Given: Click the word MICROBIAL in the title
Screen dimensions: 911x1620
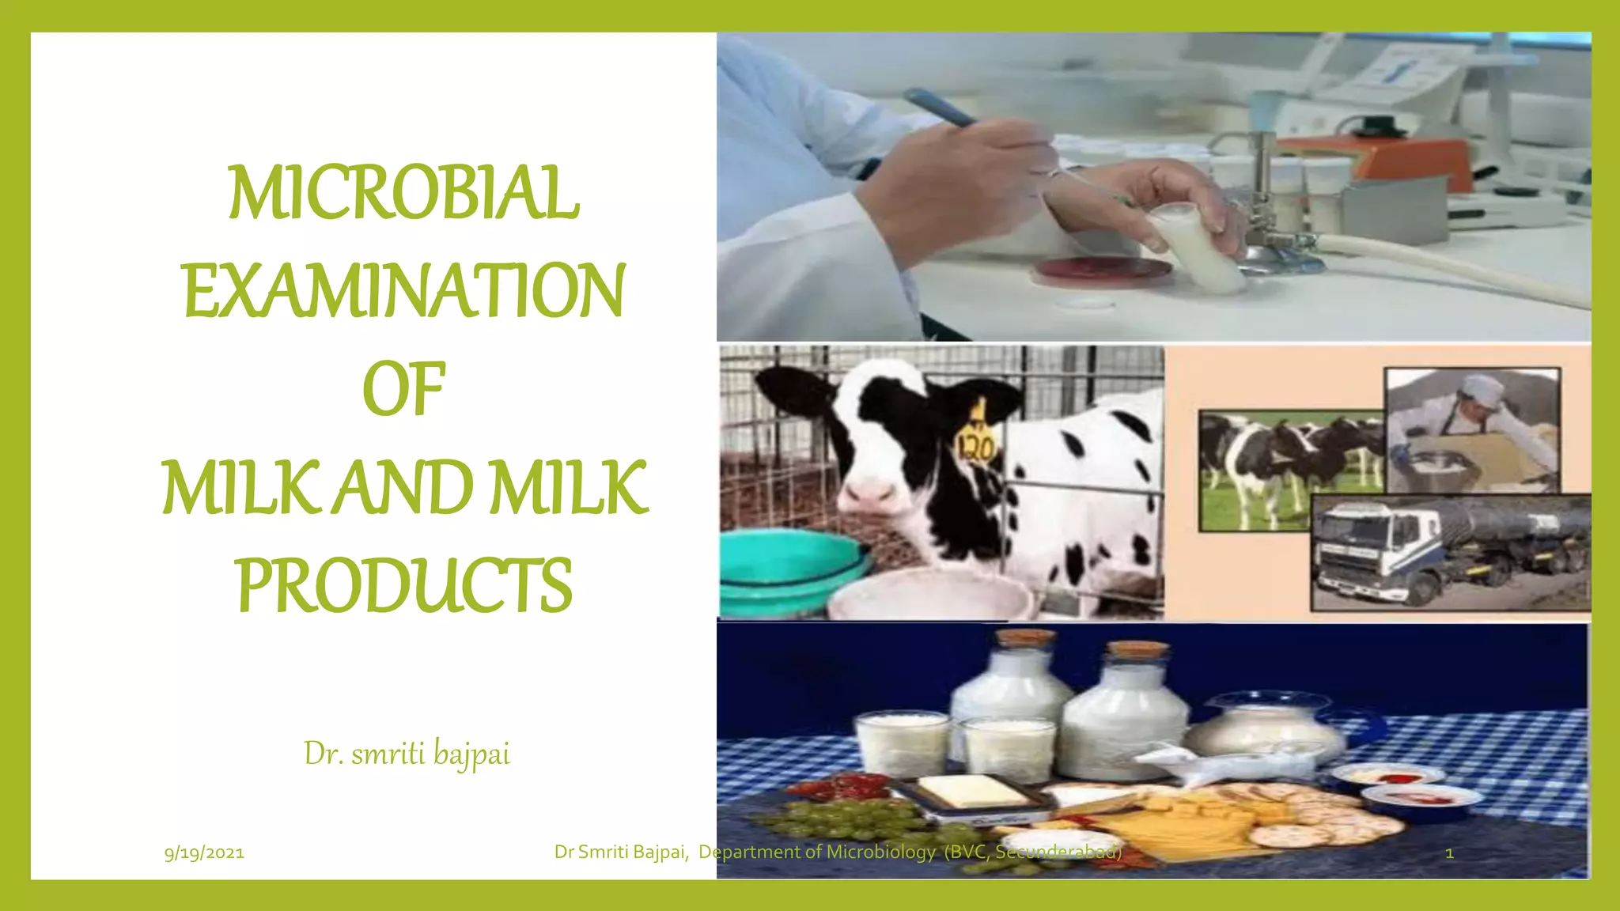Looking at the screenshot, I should coord(404,193).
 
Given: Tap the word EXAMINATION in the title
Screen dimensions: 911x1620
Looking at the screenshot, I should coord(404,291).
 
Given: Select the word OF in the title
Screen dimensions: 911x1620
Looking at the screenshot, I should coord(404,388).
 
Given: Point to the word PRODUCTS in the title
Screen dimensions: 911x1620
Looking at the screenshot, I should coord(404,584).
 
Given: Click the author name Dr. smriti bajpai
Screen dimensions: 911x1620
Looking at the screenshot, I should coord(407,754).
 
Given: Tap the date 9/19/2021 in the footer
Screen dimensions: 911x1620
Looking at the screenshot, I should coord(204,852).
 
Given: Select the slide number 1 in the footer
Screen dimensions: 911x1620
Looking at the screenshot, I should coord(1449,853).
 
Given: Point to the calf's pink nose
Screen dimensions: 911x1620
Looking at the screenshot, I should coord(869,495).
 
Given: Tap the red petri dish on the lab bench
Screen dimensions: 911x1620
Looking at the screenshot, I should coord(1103,271).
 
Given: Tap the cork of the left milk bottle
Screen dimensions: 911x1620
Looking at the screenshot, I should coord(1024,637).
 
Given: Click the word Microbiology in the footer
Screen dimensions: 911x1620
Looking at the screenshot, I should coord(880,852).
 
